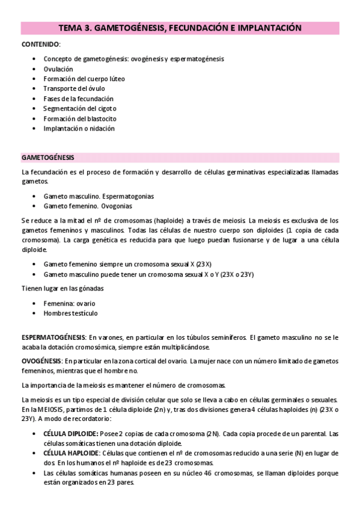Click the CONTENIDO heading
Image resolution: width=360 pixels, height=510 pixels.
click(40, 45)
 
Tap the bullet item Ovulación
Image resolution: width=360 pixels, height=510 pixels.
click(58, 69)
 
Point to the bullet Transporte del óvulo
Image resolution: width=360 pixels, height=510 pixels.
click(70, 88)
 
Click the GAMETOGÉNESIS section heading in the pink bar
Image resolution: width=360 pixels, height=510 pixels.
click(47, 158)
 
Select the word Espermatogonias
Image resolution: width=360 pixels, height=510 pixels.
click(127, 196)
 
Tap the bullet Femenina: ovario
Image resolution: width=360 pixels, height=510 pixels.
click(69, 303)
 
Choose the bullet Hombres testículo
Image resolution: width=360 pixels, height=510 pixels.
click(70, 313)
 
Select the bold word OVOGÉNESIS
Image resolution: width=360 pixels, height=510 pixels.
click(40, 360)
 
